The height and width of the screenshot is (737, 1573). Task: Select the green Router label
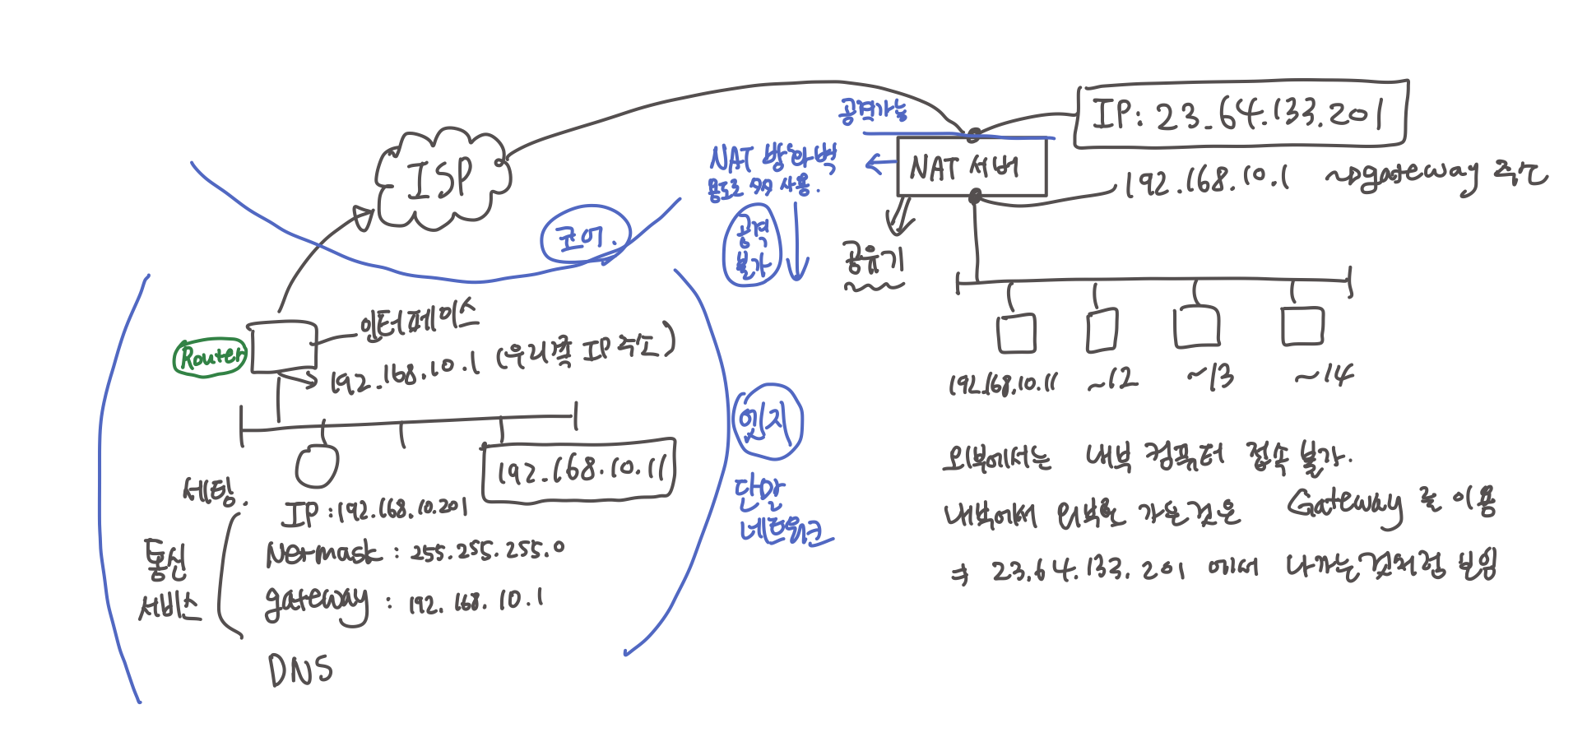(211, 357)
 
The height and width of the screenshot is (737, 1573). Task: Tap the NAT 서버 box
(971, 168)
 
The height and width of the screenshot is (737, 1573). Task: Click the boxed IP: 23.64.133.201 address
(1241, 114)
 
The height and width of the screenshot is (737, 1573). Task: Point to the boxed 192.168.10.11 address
(578, 470)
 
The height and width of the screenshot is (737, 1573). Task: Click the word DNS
(300, 670)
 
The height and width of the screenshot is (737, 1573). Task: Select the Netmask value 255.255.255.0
(487, 550)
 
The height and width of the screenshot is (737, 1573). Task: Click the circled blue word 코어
(585, 237)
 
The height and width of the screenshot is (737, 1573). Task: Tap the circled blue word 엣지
(767, 422)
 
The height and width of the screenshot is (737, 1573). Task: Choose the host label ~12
(1112, 379)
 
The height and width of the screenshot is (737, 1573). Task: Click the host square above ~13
(1196, 327)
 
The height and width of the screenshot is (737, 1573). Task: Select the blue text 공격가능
(873, 110)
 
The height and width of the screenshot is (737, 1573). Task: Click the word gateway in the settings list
(316, 602)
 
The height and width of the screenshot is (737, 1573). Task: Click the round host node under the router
(317, 466)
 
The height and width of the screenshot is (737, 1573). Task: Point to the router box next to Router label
(282, 346)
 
